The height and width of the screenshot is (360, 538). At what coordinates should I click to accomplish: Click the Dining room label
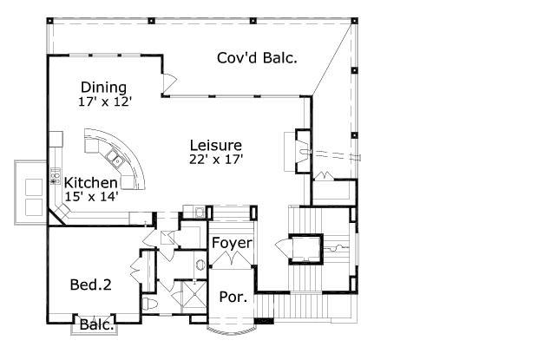tap(103, 88)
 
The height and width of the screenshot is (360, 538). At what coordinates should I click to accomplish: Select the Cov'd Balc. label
tap(257, 58)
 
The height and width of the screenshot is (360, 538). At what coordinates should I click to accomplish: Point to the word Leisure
tap(215, 145)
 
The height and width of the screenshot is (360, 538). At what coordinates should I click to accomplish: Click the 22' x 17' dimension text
tap(215, 159)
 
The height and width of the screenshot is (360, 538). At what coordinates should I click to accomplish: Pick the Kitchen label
tap(91, 183)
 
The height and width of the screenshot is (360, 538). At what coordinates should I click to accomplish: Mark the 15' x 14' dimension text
tap(91, 197)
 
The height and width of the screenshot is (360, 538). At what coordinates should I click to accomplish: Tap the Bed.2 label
tap(90, 285)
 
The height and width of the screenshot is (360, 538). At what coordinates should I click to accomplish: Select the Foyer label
tap(232, 244)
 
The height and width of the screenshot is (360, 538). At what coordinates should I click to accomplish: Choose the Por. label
tap(232, 297)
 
